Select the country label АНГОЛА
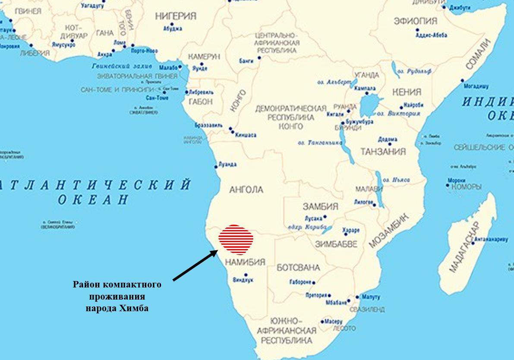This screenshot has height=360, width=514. (x=246, y=189)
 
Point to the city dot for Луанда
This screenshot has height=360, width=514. (x=216, y=167)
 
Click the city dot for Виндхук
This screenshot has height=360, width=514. (x=246, y=275)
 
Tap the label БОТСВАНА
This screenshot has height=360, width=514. (x=298, y=268)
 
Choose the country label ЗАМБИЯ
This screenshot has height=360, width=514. (x=320, y=206)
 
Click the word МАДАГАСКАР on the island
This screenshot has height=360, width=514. (x=464, y=246)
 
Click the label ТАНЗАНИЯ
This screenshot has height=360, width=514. (x=383, y=152)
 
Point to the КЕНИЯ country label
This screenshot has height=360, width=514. (x=407, y=92)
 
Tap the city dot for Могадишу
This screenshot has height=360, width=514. (x=462, y=80)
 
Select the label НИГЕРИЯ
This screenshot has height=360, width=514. (x=176, y=16)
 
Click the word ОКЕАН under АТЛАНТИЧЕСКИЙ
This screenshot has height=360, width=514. (x=93, y=199)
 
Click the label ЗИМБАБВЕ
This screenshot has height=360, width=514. (x=336, y=244)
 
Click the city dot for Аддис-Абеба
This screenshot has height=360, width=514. (x=417, y=30)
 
